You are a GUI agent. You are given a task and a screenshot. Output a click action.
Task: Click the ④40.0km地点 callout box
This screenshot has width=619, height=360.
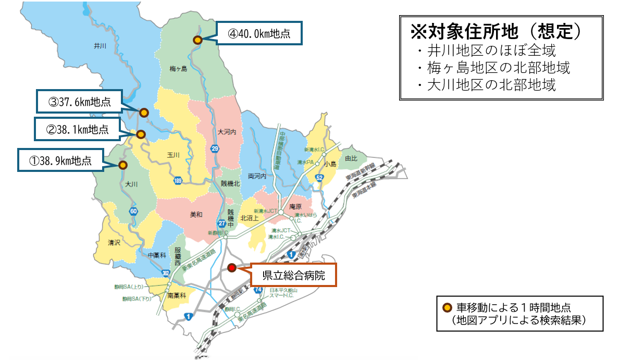pyautogui.click(x=259, y=34)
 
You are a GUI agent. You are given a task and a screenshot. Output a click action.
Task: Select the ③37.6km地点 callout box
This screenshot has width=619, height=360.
pyautogui.click(x=80, y=102)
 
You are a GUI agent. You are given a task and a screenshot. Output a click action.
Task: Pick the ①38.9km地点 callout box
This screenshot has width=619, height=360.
pyautogui.click(x=60, y=160)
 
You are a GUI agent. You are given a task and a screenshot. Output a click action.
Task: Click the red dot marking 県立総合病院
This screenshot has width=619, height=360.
pyautogui.click(x=232, y=268)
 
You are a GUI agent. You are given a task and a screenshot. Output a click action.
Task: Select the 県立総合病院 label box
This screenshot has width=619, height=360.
pyautogui.click(x=294, y=275)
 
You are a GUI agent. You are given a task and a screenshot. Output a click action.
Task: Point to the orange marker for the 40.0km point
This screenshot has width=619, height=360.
pyautogui.click(x=197, y=40)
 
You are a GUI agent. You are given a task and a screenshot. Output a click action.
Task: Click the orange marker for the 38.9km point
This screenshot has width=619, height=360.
pyautogui.click(x=123, y=165)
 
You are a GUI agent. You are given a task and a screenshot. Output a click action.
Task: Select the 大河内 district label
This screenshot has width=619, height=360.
pyautogui.click(x=227, y=132)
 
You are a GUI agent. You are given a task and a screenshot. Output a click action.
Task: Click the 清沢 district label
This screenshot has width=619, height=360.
pyautogui.click(x=114, y=243)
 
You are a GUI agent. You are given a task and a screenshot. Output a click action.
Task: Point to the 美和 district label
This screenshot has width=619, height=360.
pyautogui.click(x=196, y=214)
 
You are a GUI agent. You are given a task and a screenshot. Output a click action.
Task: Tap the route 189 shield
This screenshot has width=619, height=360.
pyautogui.click(x=178, y=180)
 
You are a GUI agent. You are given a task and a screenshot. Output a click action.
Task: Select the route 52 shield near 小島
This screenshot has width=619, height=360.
pyautogui.click(x=319, y=178)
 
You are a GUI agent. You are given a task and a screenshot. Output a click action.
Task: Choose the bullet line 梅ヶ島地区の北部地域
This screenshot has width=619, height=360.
pyautogui.click(x=491, y=68)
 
